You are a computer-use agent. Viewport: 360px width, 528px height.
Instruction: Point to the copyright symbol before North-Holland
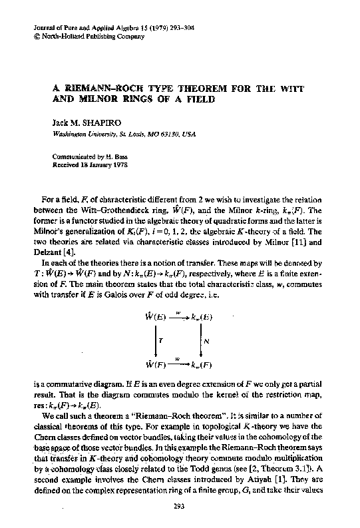pyautogui.click(x=35, y=37)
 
